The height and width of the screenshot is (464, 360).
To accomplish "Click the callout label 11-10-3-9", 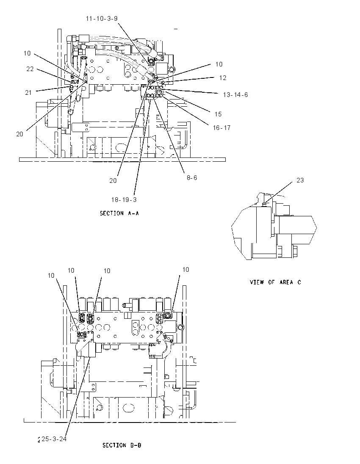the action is tap(102, 18).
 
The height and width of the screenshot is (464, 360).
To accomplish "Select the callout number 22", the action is tap(30, 69).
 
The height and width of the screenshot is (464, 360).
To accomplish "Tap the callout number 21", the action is tap(28, 93).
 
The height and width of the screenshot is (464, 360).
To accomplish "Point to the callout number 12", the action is tap(223, 77).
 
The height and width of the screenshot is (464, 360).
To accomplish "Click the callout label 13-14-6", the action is tap(235, 95).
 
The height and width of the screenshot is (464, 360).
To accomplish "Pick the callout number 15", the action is tap(218, 114).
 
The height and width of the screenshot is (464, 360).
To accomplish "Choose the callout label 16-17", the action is tap(222, 127).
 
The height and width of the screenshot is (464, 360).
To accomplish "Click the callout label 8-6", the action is tap(192, 177).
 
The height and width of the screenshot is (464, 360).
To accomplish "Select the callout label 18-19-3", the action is tap(124, 200).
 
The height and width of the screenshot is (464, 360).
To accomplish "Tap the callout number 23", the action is tap(300, 180).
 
